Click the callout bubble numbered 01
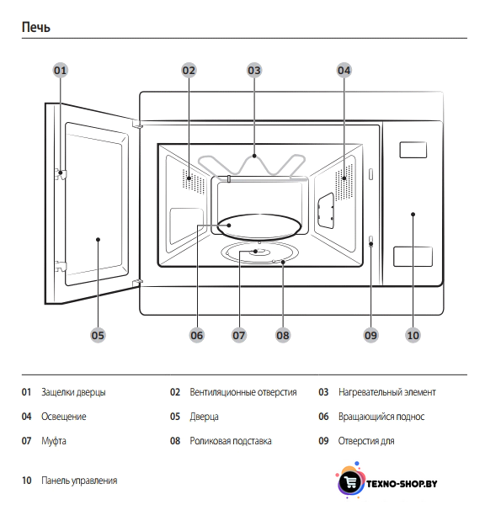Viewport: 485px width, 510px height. pos(61,70)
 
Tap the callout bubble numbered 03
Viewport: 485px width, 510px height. pos(254,70)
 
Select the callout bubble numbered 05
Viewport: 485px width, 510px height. pos(98,335)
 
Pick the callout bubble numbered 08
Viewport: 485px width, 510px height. pos(283,335)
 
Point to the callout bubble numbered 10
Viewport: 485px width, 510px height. pos(413,335)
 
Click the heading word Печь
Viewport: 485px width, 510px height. pos(36,27)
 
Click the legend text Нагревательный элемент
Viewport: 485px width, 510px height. pos(387,392)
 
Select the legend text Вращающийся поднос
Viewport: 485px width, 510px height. pos(381,417)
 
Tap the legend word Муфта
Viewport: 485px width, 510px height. pos(54,441)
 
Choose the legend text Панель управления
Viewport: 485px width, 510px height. pos(79,481)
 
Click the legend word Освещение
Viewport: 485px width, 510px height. pos(64,417)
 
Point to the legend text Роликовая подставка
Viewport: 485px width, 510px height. pos(231,441)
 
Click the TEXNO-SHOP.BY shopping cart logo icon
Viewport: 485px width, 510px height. pos(350,481)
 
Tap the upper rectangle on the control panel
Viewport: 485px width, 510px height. pos(413,150)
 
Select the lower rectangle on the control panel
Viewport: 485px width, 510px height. pos(413,257)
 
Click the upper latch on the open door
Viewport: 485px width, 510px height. pos(61,174)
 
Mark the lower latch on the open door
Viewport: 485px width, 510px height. pos(61,266)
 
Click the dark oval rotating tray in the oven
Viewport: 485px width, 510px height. pos(259,226)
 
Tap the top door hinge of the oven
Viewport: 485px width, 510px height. pos(137,124)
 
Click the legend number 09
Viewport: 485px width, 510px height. pos(323,441)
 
